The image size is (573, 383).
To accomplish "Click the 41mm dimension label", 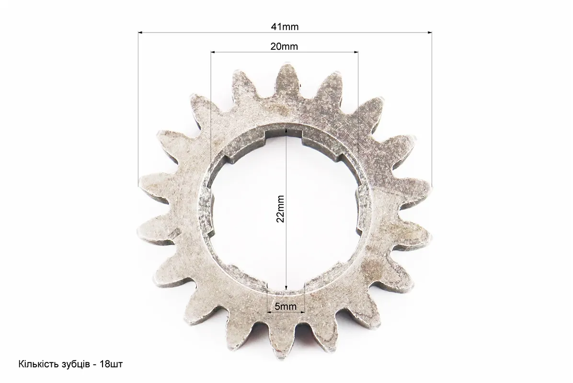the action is tap(285, 27).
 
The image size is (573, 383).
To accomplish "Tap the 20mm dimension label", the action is tap(284, 46).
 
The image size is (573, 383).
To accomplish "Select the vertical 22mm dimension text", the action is tap(280, 209).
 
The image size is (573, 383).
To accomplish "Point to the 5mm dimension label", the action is tap(286, 306).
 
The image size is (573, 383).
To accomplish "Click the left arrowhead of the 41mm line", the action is tap(141, 33).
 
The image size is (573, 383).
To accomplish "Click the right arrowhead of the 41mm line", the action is tap(429, 33).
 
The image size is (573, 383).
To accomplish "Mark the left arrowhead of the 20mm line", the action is tap(213, 52).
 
